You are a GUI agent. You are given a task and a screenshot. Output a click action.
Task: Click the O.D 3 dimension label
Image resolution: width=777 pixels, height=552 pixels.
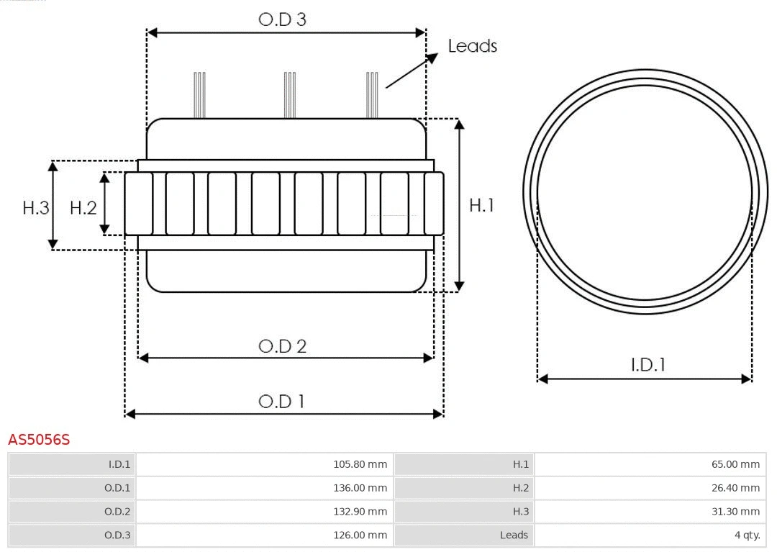point(282,19)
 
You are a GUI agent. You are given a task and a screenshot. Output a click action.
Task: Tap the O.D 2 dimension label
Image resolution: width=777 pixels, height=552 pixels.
point(282,346)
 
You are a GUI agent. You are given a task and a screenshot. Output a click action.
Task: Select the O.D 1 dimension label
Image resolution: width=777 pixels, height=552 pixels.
point(281,401)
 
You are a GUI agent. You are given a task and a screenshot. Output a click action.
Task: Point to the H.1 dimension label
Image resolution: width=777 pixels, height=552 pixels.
point(481,205)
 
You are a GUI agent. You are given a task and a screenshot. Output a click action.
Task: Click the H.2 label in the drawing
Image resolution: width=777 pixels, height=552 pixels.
point(83,208)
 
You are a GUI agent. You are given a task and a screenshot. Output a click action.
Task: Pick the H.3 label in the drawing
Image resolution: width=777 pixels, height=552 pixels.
point(36,208)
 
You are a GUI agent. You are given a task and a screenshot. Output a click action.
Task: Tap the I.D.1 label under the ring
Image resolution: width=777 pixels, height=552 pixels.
point(647,365)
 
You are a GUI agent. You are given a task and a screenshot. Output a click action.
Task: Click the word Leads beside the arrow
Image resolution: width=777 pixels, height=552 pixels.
point(472,46)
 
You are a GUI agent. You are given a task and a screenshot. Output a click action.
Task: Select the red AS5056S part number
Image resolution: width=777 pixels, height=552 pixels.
point(39,440)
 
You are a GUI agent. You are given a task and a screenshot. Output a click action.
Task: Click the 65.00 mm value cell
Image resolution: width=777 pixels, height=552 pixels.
point(735,464)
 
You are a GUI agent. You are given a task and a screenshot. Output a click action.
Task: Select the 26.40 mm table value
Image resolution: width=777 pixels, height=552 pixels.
point(735,488)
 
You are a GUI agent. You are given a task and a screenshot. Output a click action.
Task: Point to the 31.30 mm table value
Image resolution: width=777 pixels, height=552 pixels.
point(735,511)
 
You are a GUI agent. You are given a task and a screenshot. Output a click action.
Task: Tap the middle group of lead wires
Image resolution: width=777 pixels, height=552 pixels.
point(289,95)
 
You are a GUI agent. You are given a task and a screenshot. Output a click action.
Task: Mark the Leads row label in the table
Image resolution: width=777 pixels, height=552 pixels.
point(514,535)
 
